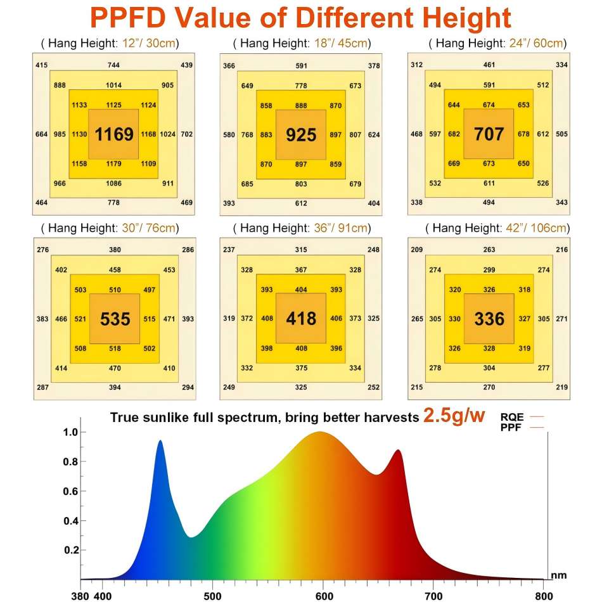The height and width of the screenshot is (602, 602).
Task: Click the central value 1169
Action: click(114, 134)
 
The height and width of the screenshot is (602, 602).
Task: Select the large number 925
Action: click(301, 134)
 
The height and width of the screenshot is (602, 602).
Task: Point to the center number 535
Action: click(115, 318)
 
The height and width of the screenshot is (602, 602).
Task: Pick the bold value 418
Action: click(301, 318)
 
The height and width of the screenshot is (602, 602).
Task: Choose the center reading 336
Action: click(489, 318)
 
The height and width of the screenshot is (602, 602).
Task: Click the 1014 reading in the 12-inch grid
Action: click(114, 85)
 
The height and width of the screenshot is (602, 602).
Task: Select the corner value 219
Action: click(561, 387)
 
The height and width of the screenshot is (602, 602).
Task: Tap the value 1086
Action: click(114, 183)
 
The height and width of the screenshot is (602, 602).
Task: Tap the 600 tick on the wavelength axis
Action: click(324, 596)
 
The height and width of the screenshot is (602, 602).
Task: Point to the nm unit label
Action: click(558, 575)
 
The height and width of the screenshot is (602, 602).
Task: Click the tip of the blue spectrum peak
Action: click(160, 441)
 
